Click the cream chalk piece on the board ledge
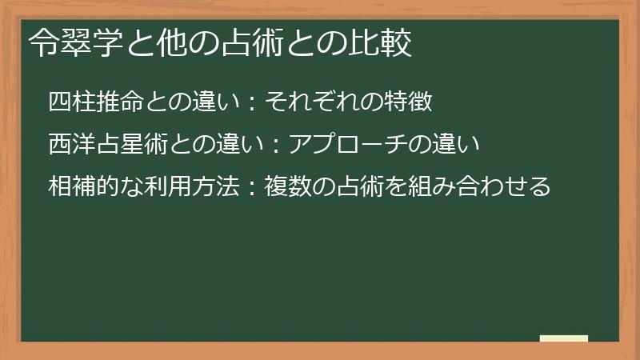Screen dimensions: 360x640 (x=564, y=338)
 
